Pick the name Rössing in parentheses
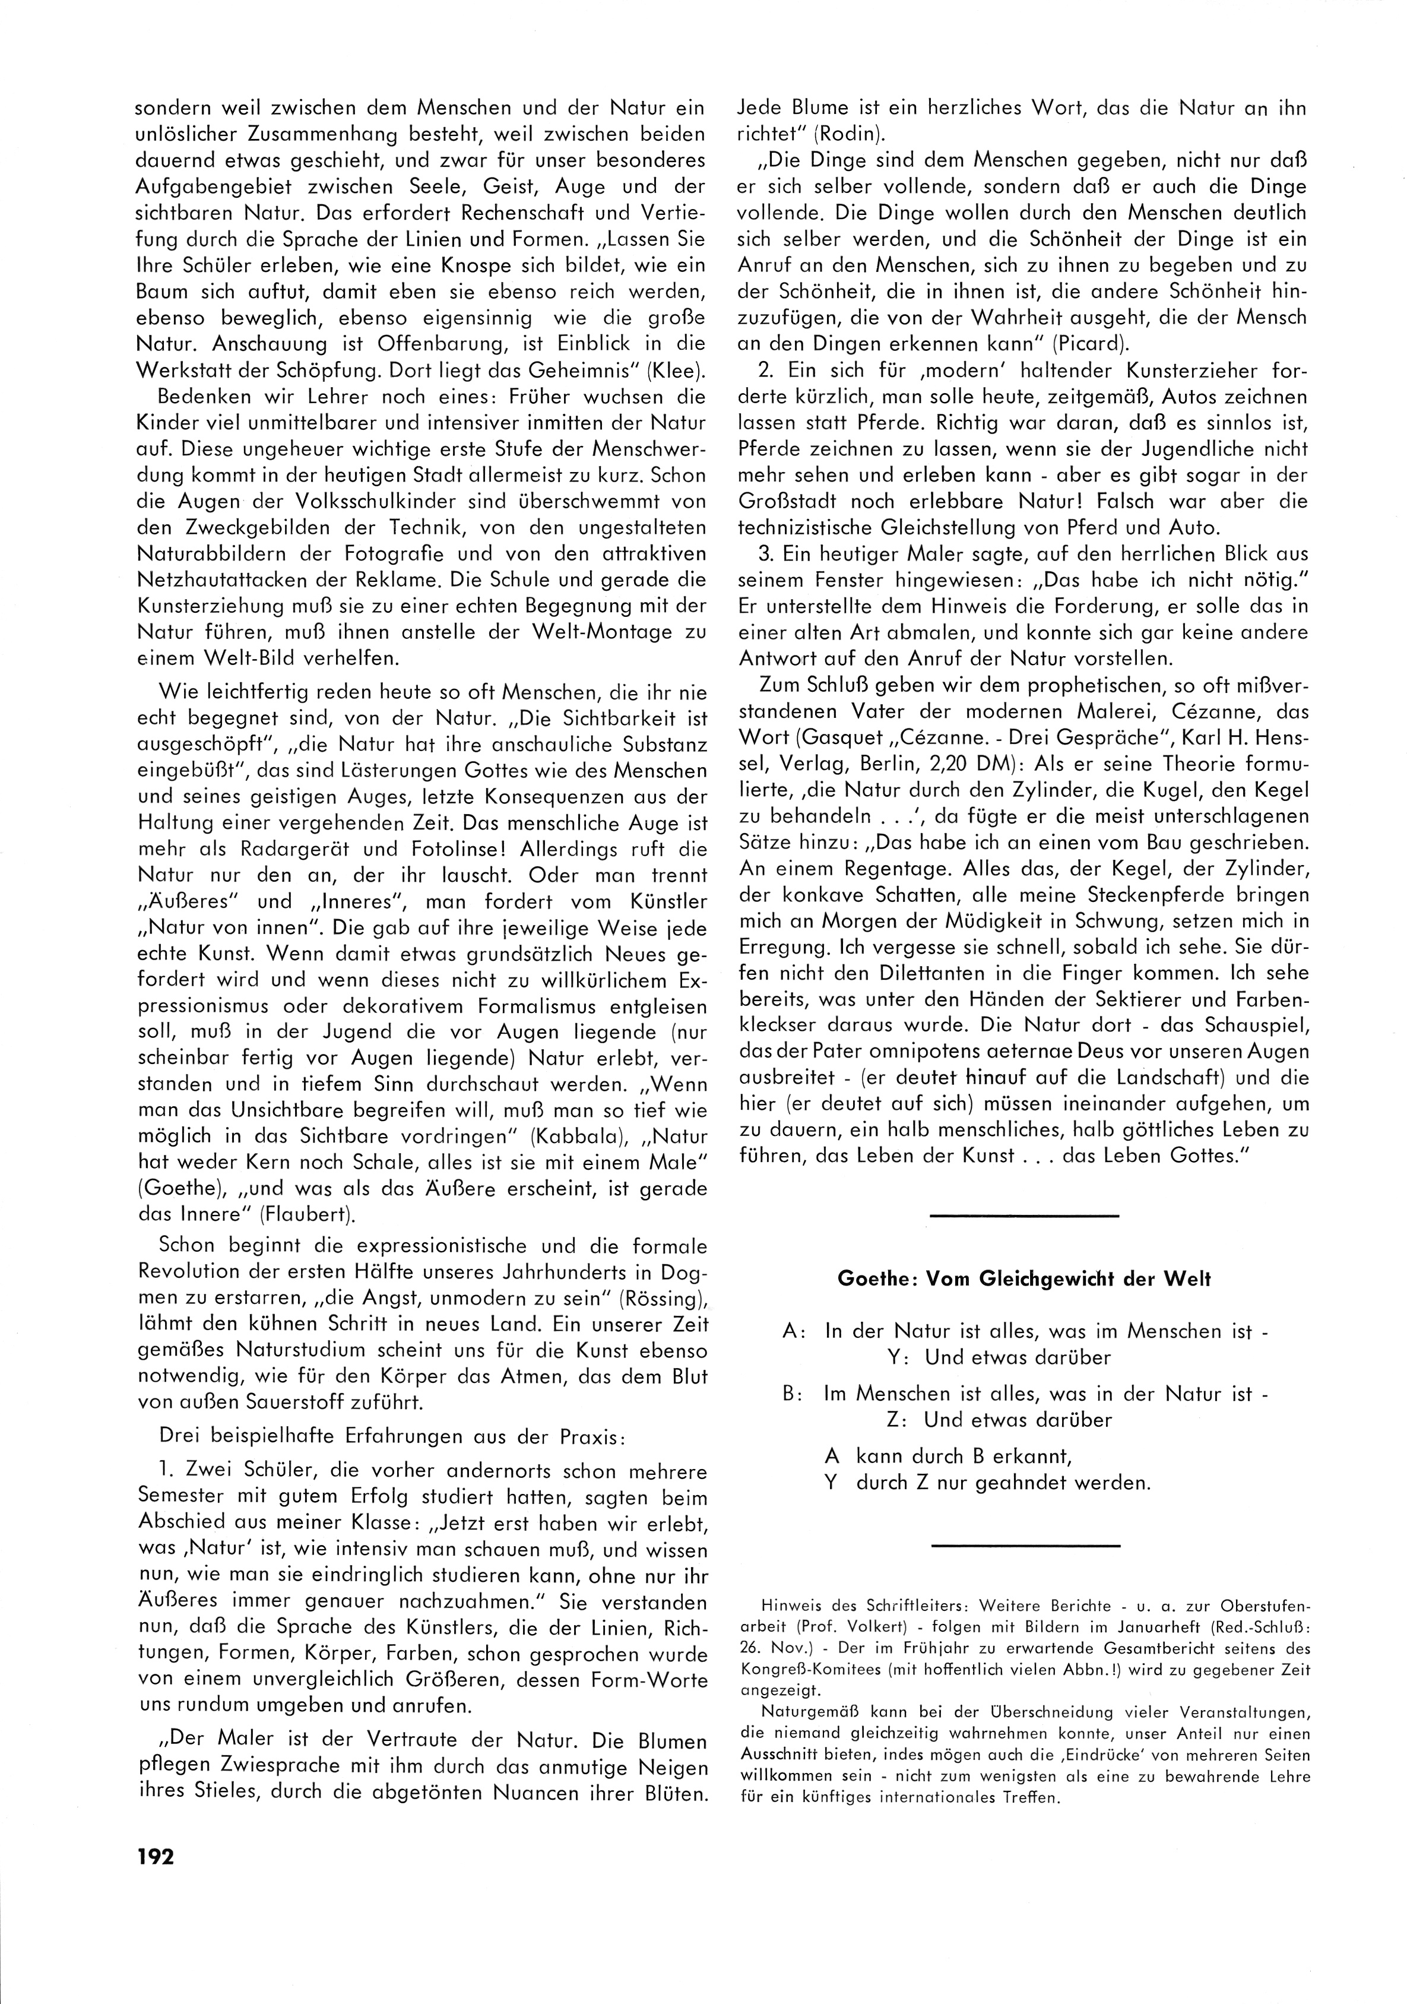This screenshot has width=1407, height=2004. [659, 1299]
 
